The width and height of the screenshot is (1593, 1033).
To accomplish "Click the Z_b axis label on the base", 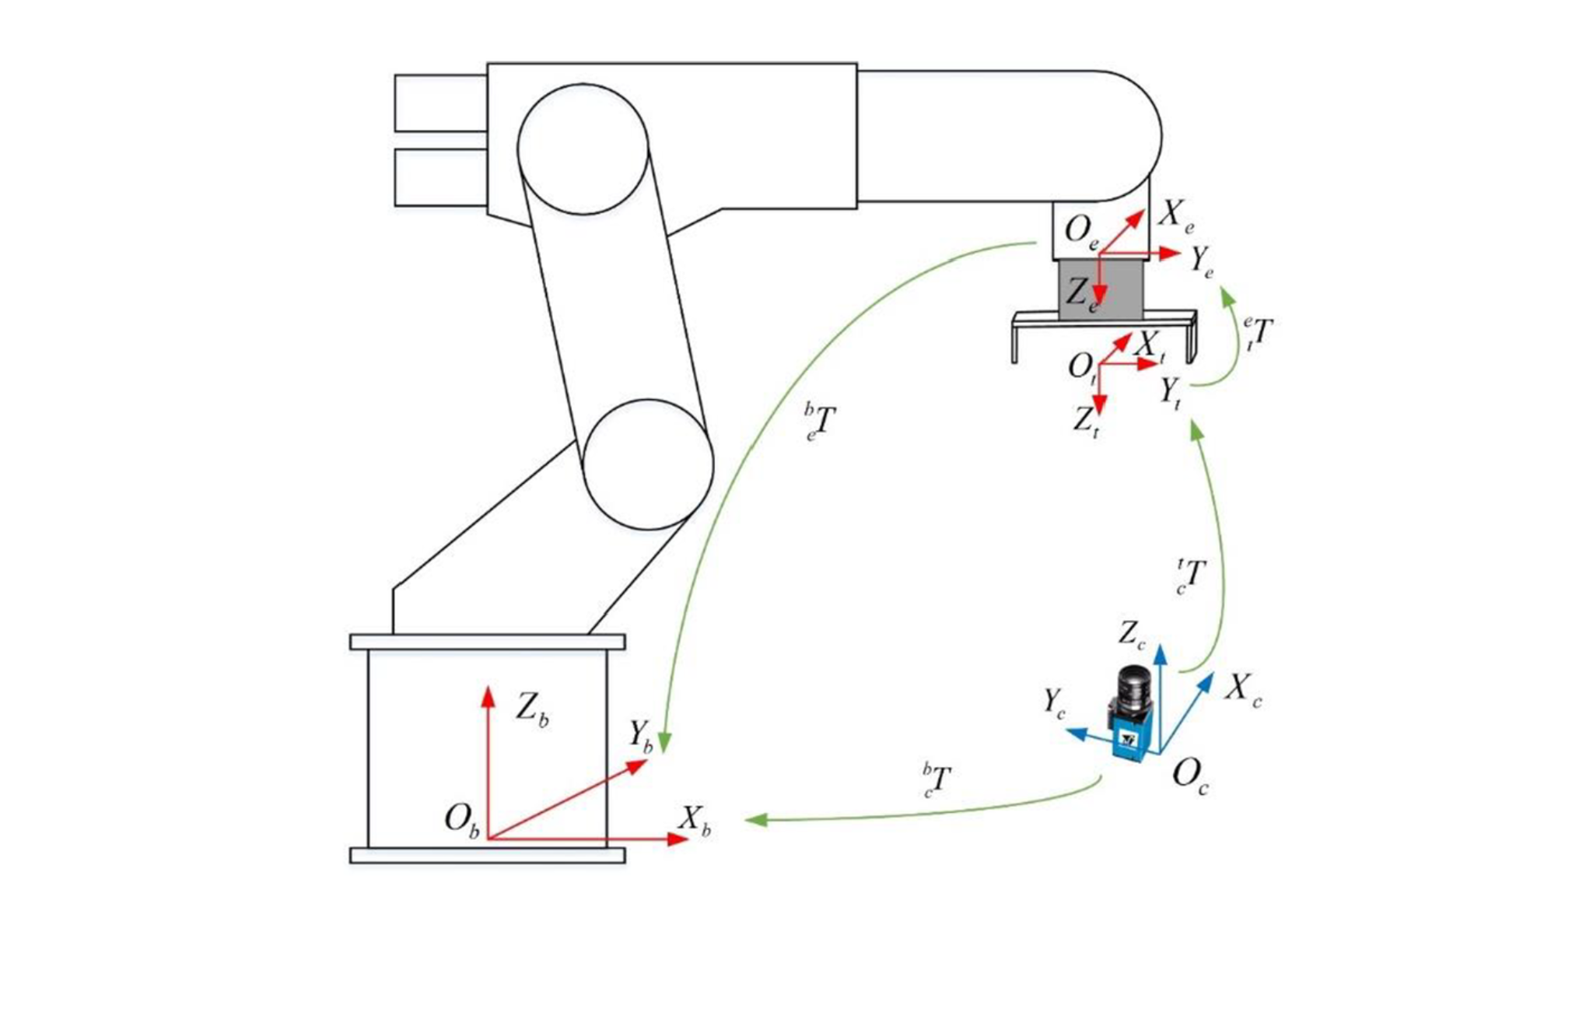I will [x=532, y=709].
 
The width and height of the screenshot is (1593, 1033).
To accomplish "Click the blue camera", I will [x=1132, y=713].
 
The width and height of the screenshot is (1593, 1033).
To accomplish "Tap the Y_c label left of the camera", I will [x=1054, y=702].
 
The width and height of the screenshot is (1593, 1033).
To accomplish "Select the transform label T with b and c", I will [x=937, y=780].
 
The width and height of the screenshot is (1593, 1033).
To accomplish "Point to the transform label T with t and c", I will [x=1191, y=576].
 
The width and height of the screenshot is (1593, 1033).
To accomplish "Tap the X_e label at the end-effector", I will [x=1175, y=214].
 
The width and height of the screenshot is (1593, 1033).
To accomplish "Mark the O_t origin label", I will [x=1083, y=367].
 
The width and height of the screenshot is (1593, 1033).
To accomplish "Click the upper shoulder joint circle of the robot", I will [x=583, y=149].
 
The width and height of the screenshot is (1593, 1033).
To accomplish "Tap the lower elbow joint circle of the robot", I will [x=648, y=464].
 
